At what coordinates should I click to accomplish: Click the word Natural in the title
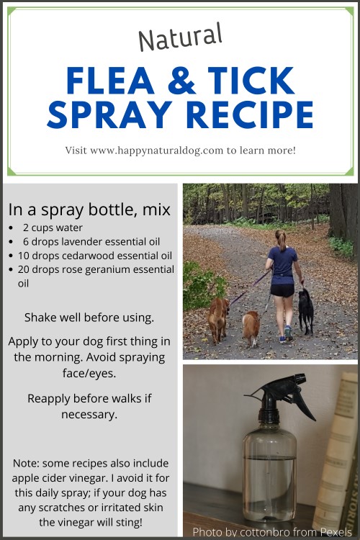[x=180, y=37]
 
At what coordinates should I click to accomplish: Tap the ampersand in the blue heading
[x=181, y=80]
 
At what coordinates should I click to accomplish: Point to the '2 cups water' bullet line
[x=53, y=228]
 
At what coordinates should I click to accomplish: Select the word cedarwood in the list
[x=85, y=256]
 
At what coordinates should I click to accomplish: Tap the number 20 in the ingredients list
[x=24, y=269]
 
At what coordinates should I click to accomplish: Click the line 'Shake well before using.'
[x=89, y=318]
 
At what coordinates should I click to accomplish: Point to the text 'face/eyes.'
[x=89, y=373]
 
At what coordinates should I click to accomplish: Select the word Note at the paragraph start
[x=26, y=464]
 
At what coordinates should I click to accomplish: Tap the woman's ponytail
[x=282, y=240]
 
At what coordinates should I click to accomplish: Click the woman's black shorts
[x=282, y=290]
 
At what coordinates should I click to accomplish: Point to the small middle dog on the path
[x=251, y=328]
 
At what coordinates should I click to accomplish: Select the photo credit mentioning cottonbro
[x=272, y=532]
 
